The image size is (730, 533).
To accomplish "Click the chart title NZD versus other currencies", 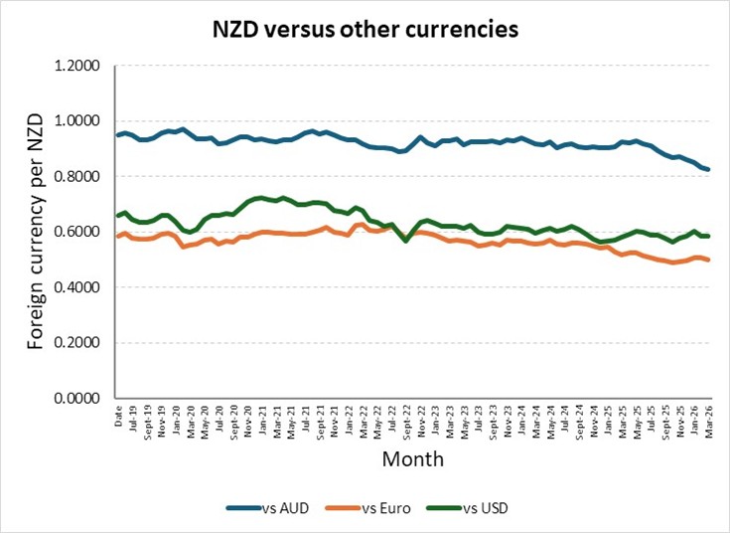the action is pyautogui.click(x=365, y=30).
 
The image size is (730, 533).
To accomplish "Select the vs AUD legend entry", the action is pyautogui.click(x=268, y=508).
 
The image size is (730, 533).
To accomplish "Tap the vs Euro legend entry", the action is pyautogui.click(x=367, y=508).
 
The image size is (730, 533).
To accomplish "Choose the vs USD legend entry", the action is pyautogui.click(x=467, y=508).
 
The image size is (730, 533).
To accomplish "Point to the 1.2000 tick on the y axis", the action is pyautogui.click(x=77, y=66).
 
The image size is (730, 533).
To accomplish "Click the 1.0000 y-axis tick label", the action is pyautogui.click(x=77, y=121).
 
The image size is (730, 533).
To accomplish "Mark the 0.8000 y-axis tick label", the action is pyautogui.click(x=77, y=177).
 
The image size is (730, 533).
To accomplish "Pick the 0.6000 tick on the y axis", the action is pyautogui.click(x=77, y=232).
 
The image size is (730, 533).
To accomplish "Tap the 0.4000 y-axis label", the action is pyautogui.click(x=77, y=287).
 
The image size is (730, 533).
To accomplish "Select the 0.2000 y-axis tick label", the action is pyautogui.click(x=77, y=343).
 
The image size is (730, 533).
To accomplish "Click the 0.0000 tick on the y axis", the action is pyautogui.click(x=77, y=398).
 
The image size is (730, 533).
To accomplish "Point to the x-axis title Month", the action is pyautogui.click(x=413, y=459).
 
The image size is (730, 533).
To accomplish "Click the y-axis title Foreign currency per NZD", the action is pyautogui.click(x=36, y=232).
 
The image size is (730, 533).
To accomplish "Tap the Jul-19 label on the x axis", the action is pyautogui.click(x=134, y=419).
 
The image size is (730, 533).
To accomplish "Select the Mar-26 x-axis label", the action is pyautogui.click(x=709, y=422).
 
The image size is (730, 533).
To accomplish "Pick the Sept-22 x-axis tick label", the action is pyautogui.click(x=407, y=423).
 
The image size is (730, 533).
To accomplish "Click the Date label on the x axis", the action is pyautogui.click(x=119, y=416).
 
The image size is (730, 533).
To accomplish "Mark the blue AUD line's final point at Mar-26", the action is pyautogui.click(x=709, y=169).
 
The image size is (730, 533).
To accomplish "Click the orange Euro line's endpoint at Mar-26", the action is pyautogui.click(x=709, y=260).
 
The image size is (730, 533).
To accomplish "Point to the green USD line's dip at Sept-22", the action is pyautogui.click(x=406, y=241).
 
